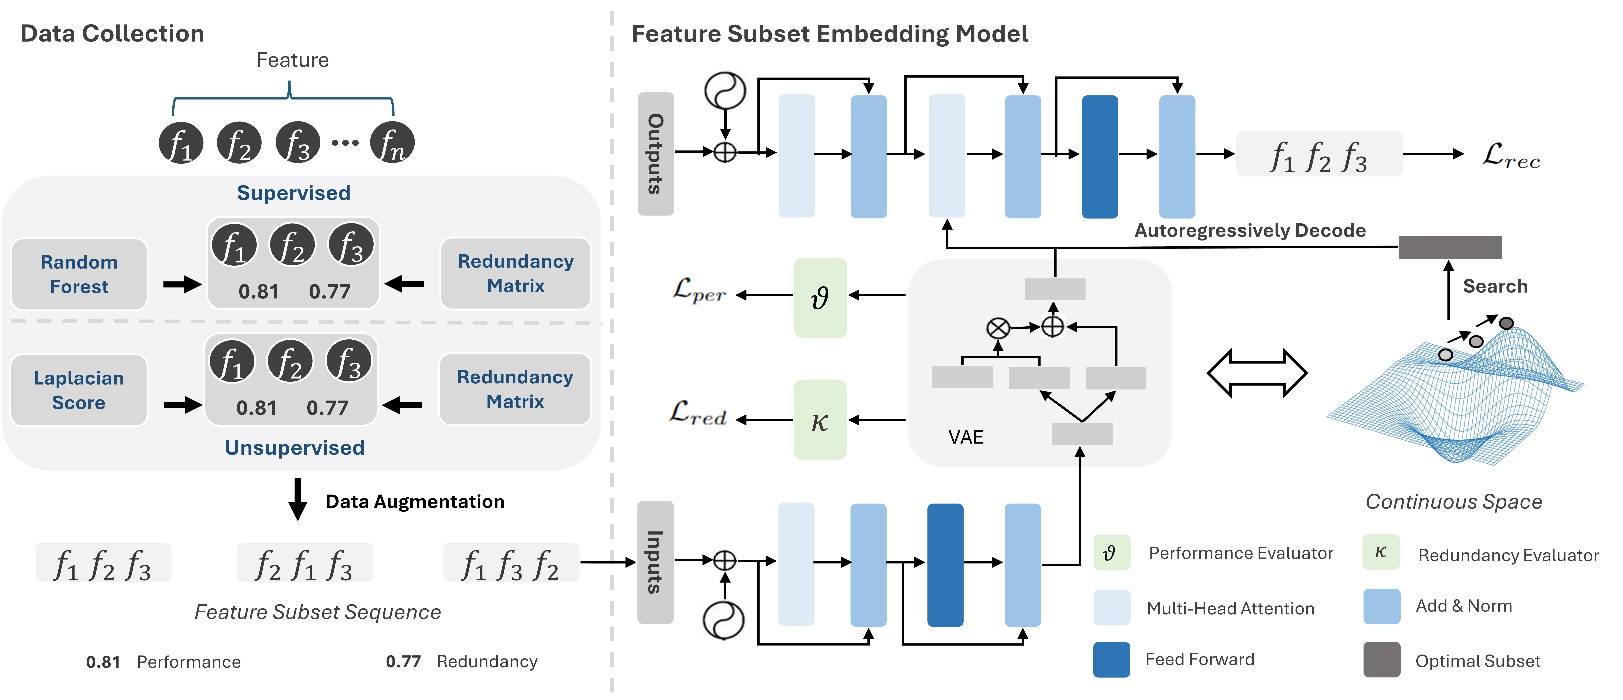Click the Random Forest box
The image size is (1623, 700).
(79, 274)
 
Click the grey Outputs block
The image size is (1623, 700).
(655, 154)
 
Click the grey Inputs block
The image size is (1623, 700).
(655, 562)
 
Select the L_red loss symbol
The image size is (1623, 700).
(698, 415)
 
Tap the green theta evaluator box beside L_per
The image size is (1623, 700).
(820, 297)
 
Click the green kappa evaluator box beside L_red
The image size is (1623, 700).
(820, 420)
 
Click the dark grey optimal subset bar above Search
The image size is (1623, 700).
(1450, 247)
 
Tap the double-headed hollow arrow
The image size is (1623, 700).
(1256, 374)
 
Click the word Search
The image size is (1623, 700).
(1494, 287)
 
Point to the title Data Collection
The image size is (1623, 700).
(112, 33)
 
